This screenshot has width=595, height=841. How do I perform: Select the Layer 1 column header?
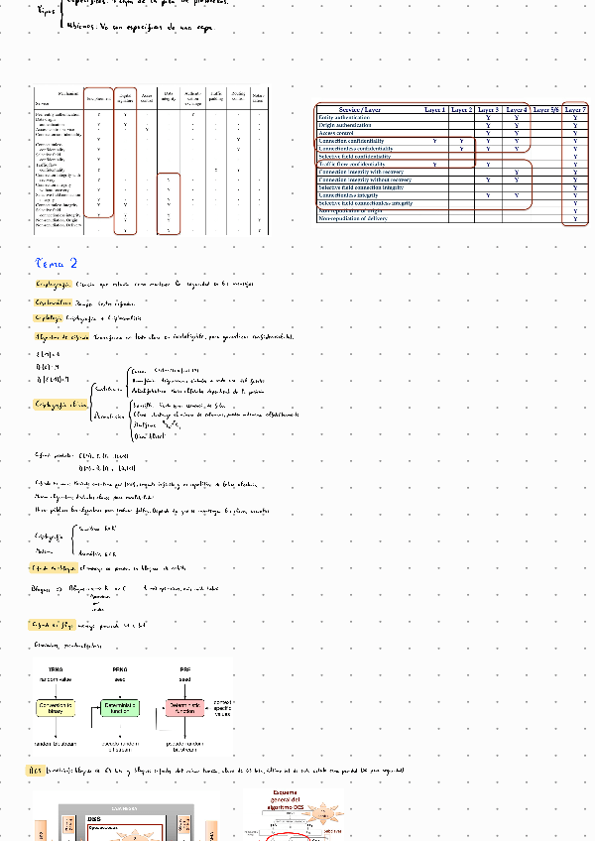[x=434, y=109]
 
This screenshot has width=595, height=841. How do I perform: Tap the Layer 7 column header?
[x=575, y=109]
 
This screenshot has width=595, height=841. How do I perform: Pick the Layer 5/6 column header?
[x=545, y=109]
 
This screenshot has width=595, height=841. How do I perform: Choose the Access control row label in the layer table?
[x=336, y=133]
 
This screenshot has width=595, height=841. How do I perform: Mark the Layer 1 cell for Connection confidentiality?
[x=435, y=141]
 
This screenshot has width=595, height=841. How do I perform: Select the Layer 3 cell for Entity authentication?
[x=489, y=117]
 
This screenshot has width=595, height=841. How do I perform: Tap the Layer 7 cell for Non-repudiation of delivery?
[x=575, y=218]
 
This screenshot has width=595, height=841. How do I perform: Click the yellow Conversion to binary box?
[x=56, y=708]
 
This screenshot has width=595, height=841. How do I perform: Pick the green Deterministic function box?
[x=120, y=708]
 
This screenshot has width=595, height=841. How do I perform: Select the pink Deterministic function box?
[x=185, y=708]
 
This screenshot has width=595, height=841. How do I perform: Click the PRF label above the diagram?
[x=185, y=670]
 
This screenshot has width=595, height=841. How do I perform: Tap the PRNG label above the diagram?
[x=120, y=670]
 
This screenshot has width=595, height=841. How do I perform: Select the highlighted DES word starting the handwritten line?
[x=33, y=770]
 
